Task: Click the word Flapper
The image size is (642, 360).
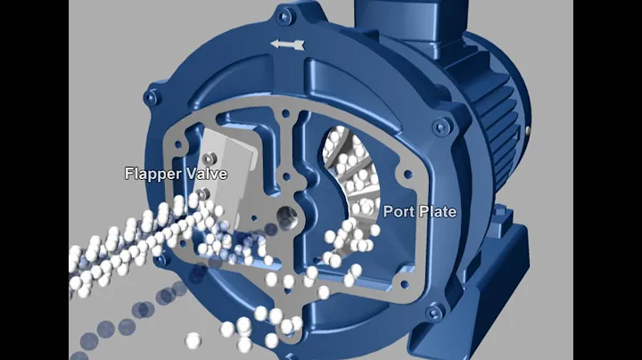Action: (x=151, y=173)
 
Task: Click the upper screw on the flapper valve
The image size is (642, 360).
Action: (x=203, y=158)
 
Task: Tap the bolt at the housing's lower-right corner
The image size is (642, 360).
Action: (x=433, y=314)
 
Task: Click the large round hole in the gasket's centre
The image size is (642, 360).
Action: (x=289, y=215)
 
